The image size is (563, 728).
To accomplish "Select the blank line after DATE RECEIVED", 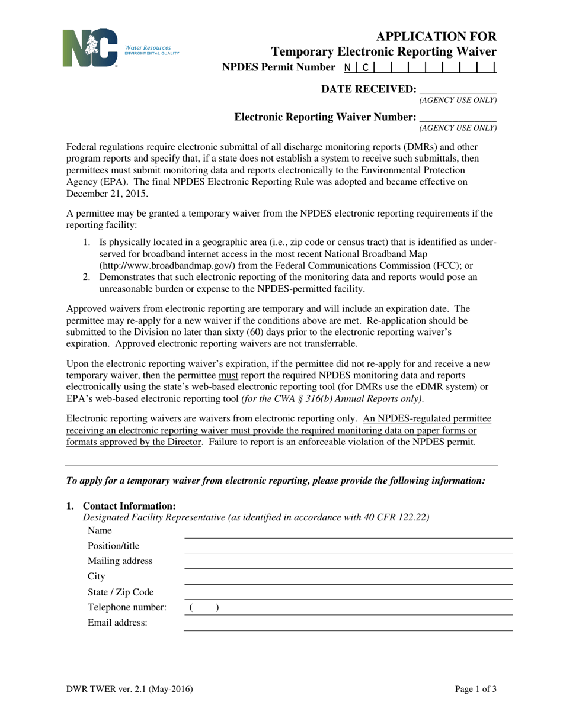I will tap(458, 89).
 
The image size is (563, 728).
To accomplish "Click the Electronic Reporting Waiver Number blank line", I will tap(458, 117).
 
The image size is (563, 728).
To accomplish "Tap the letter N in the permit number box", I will tap(347, 67).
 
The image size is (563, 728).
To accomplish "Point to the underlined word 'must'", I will tap(228, 375).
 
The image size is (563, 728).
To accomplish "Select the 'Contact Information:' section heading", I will tap(129, 506).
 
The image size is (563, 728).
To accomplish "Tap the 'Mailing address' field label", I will tap(120, 561).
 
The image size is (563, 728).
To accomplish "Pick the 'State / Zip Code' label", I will tap(120, 592).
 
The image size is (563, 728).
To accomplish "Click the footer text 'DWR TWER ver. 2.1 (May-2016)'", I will tap(129, 688).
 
